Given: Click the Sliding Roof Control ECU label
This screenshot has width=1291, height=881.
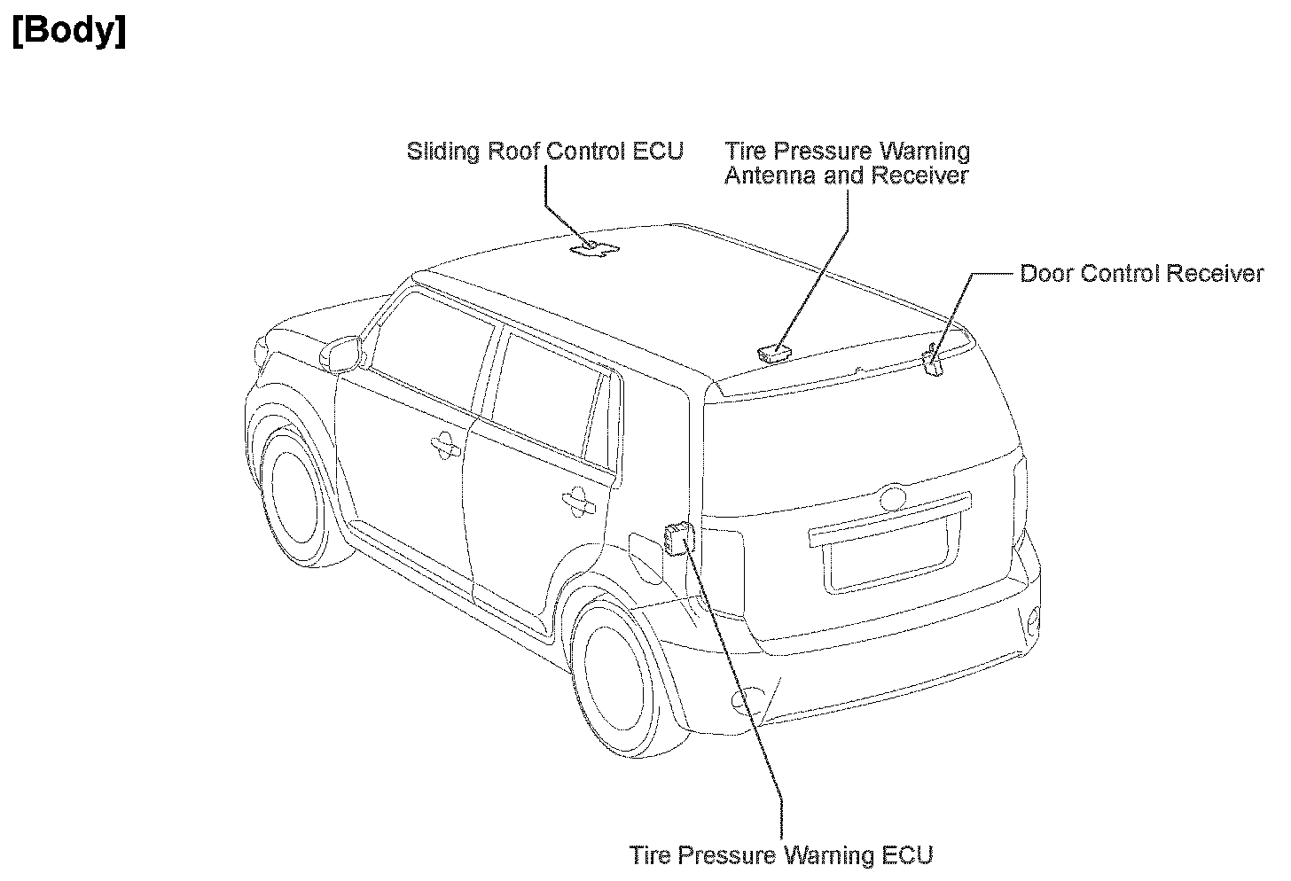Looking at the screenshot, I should point(544,151).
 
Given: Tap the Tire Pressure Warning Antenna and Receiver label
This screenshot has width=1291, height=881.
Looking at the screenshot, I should point(847,163).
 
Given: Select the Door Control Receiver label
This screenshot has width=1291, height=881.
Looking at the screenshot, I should point(1141,273).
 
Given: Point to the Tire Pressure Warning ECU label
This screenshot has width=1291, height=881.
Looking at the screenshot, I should point(781,855).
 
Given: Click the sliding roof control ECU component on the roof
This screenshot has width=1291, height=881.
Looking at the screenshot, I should point(593,249).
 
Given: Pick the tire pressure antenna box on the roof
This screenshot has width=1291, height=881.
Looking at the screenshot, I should point(774,354).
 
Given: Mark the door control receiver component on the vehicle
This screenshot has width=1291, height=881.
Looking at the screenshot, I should point(932,362).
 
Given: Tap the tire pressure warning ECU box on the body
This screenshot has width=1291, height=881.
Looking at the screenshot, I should point(677,538).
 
